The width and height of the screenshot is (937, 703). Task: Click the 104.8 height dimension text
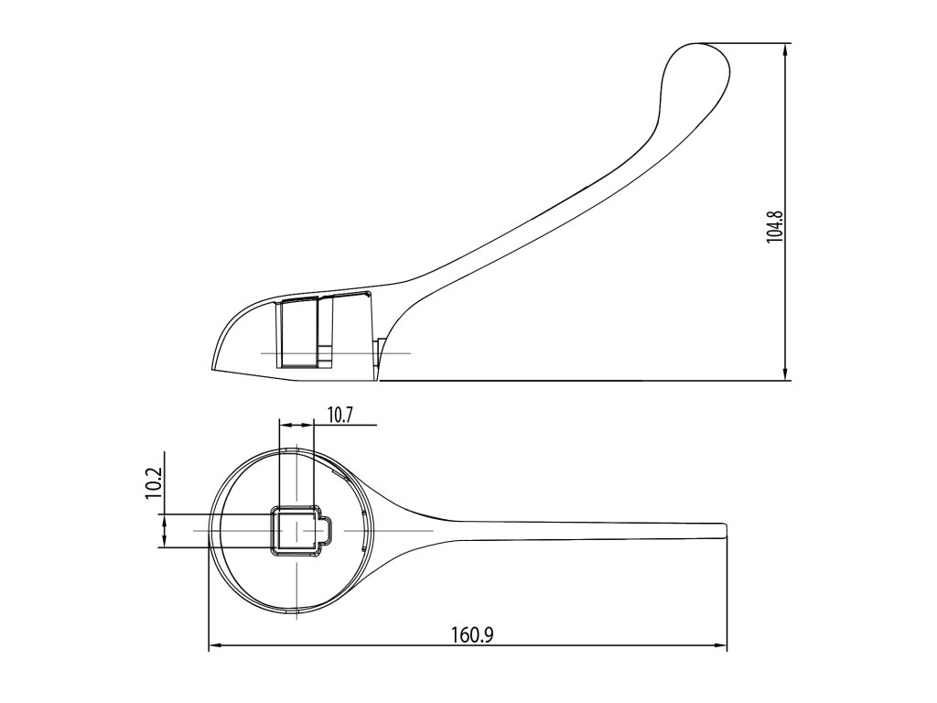click(774, 225)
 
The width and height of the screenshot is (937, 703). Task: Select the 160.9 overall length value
click(473, 634)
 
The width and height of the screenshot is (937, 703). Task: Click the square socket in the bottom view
click(294, 531)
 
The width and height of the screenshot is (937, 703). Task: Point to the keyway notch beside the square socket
click(325, 531)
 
